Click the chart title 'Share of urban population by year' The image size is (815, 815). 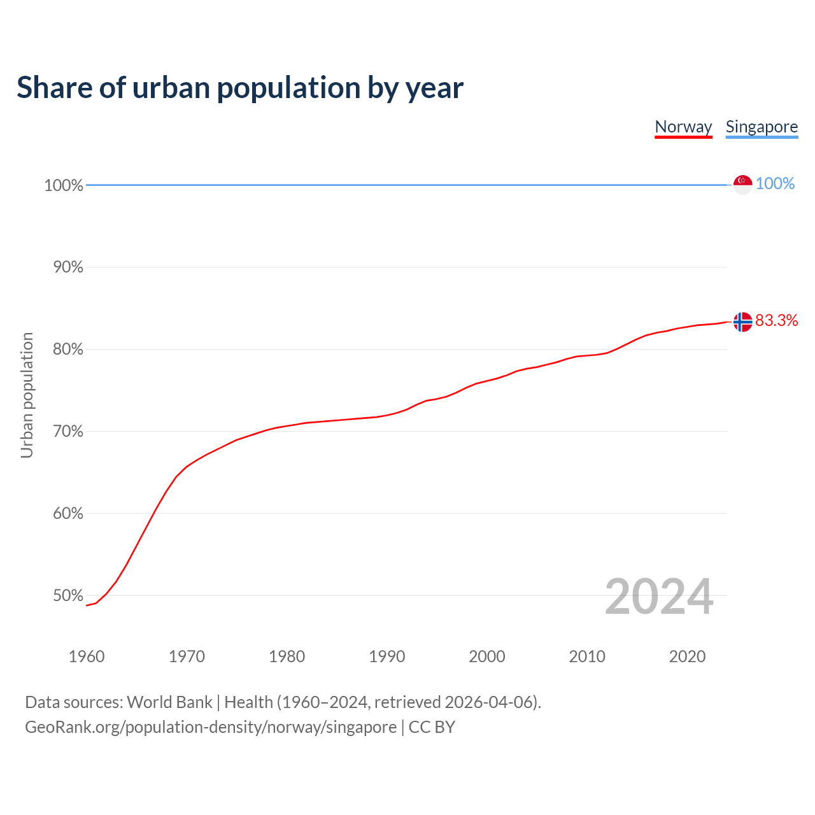[239, 88]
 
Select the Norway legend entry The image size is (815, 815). [683, 127]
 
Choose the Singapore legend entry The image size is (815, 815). [762, 127]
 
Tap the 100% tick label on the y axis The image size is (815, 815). [64, 185]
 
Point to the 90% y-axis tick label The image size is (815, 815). [68, 267]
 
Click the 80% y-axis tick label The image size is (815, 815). [68, 350]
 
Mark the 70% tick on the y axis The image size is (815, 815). [68, 432]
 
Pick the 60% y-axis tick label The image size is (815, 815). [68, 513]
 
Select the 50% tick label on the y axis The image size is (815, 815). [68, 596]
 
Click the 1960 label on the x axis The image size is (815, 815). [87, 656]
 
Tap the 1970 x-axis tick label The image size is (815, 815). [187, 656]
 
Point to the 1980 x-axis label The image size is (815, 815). [287, 656]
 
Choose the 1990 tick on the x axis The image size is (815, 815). [386, 656]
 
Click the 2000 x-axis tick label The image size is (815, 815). [487, 656]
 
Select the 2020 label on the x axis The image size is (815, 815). [687, 656]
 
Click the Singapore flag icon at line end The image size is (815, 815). [742, 185]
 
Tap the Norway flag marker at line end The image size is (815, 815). [742, 322]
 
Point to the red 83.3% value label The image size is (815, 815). [776, 320]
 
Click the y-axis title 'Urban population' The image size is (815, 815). [27, 395]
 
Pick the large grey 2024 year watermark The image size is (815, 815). [658, 597]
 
